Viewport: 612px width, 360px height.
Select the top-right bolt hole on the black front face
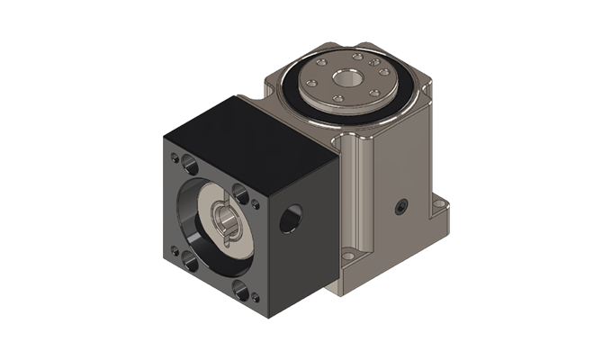[x=241, y=191]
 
